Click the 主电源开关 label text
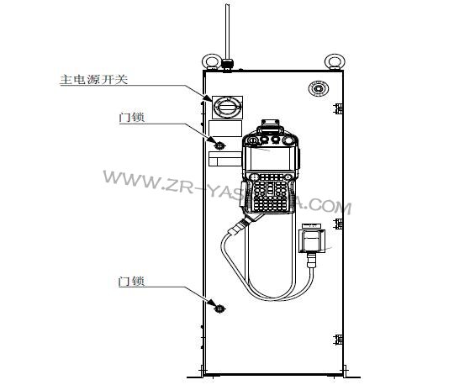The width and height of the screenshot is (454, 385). pyautogui.click(x=94, y=79)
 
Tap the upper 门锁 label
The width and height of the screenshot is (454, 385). pyautogui.click(x=132, y=117)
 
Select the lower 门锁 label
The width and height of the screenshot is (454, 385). pyautogui.click(x=131, y=281)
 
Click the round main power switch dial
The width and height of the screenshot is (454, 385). pyautogui.click(x=227, y=107)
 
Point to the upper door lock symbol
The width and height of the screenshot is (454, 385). pyautogui.click(x=219, y=145)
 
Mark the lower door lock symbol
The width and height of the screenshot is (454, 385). pyautogui.click(x=219, y=309)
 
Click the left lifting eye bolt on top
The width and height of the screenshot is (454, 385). pyautogui.click(x=211, y=62)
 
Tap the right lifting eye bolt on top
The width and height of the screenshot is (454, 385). pyautogui.click(x=335, y=62)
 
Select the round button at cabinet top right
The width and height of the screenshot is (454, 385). pyautogui.click(x=318, y=87)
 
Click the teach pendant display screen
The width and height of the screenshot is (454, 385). pyautogui.click(x=270, y=159)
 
